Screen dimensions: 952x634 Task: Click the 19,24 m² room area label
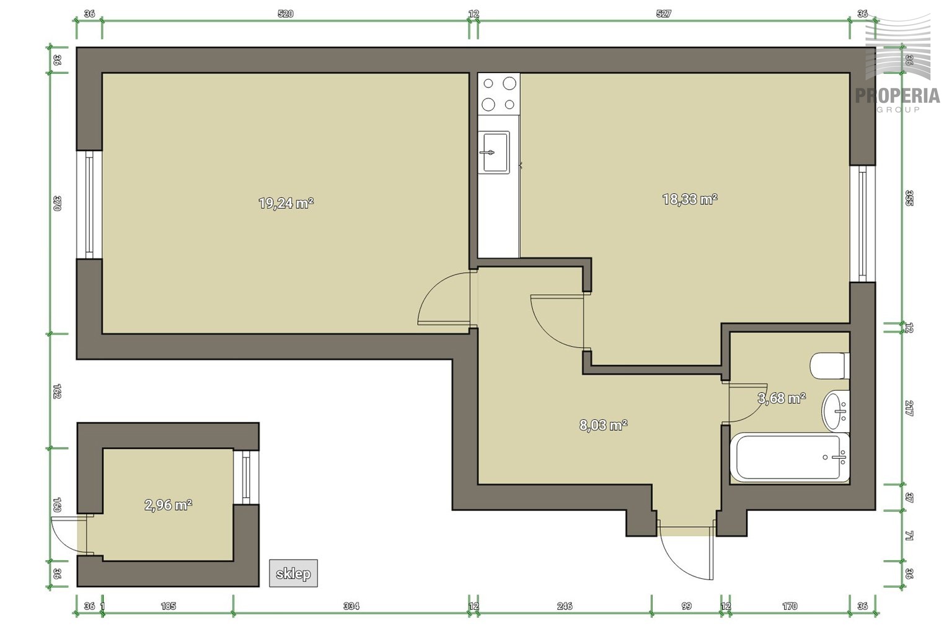pyautogui.click(x=286, y=204)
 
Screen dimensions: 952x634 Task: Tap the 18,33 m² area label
pyautogui.click(x=690, y=199)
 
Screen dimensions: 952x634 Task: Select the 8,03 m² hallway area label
pyautogui.click(x=604, y=425)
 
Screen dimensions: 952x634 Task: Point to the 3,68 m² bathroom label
pyautogui.click(x=782, y=398)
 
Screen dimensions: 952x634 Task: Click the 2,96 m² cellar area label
pyautogui.click(x=169, y=505)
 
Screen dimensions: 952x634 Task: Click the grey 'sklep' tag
pyautogui.click(x=293, y=573)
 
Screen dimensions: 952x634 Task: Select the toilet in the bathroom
pyautogui.click(x=830, y=366)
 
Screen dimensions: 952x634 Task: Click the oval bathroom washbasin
pyautogui.click(x=835, y=411)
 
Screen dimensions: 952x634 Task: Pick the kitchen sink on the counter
pyautogui.click(x=494, y=152)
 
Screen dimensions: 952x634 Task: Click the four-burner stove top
pyautogui.click(x=498, y=94)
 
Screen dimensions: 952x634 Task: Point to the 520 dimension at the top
pyautogui.click(x=286, y=14)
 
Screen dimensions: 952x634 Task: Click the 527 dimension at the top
pyautogui.click(x=664, y=14)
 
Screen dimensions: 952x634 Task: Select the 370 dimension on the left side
pyautogui.click(x=58, y=203)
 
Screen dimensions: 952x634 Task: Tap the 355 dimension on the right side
pyautogui.click(x=909, y=198)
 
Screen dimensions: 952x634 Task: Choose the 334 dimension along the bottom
pyautogui.click(x=351, y=606)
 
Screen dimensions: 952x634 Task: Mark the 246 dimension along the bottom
pyautogui.click(x=565, y=606)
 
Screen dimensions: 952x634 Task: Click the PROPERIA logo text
pyautogui.click(x=897, y=95)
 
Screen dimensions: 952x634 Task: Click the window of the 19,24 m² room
pyautogui.click(x=89, y=205)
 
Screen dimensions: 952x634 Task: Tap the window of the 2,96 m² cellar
pyautogui.click(x=247, y=477)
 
